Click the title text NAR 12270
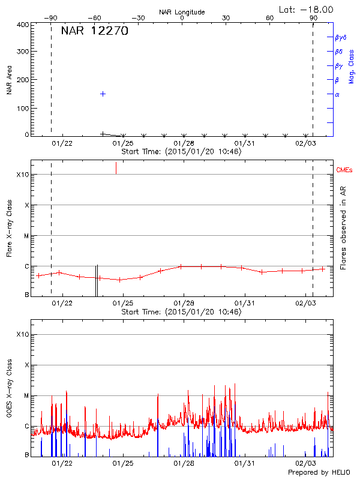click(x=94, y=32)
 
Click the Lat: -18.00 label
click(x=307, y=9)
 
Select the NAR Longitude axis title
click(x=182, y=12)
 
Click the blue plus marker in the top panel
click(x=103, y=94)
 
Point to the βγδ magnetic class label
click(x=340, y=37)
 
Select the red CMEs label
click(x=345, y=171)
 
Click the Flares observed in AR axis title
click(x=343, y=229)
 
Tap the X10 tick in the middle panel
click(x=23, y=175)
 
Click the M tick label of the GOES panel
click(x=26, y=396)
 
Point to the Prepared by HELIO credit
click(x=320, y=473)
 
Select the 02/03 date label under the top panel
click(x=305, y=143)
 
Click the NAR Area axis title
click(x=9, y=80)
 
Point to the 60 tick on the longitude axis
click(x=269, y=18)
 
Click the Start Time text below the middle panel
click(x=181, y=312)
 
